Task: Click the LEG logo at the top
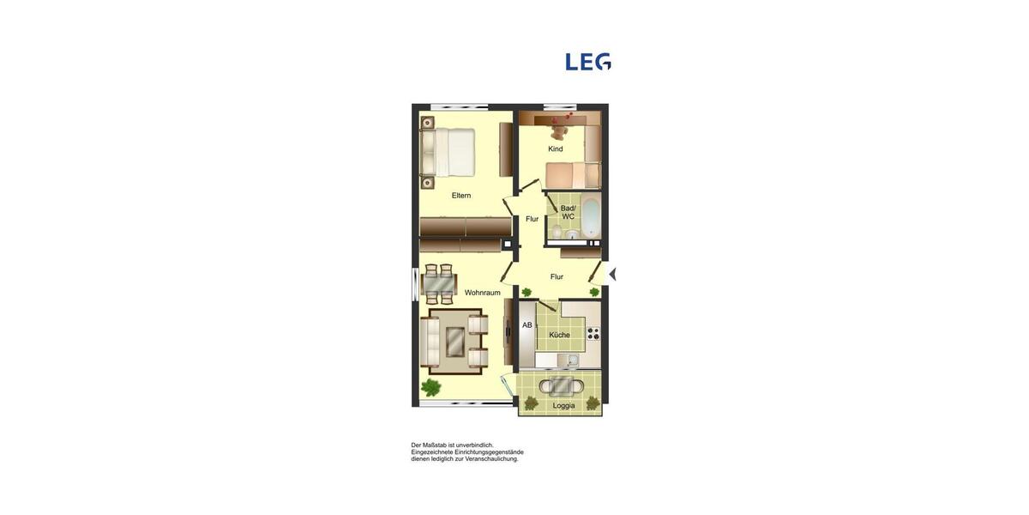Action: (588, 62)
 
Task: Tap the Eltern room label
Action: (461, 196)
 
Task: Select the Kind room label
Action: (556, 149)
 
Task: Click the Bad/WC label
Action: (568, 212)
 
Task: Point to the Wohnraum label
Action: (483, 293)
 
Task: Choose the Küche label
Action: (559, 335)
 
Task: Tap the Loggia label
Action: (563, 405)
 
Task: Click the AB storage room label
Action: (527, 325)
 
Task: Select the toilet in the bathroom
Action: (557, 231)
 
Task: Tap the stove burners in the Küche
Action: (593, 333)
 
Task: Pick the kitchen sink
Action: (573, 360)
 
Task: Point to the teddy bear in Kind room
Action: (558, 131)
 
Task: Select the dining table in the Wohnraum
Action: (439, 283)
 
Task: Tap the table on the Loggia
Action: (563, 385)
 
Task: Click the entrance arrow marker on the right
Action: (611, 274)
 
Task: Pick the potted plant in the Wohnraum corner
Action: (430, 387)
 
